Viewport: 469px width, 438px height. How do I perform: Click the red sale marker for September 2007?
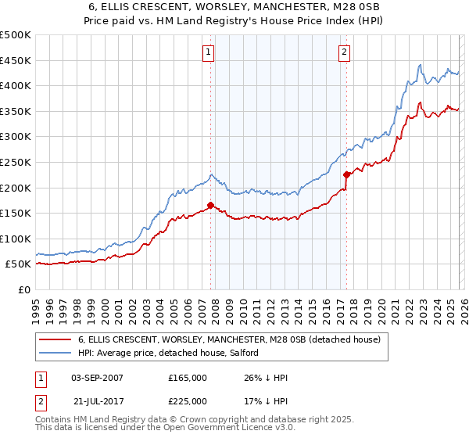click(x=211, y=206)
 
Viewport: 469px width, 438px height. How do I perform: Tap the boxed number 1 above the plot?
click(x=209, y=52)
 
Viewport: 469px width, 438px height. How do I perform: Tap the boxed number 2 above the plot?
click(x=345, y=52)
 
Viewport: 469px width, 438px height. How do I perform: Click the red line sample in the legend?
click(x=55, y=340)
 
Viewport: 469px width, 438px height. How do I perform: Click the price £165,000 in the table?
click(x=187, y=378)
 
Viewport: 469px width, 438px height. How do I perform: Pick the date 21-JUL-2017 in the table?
click(x=97, y=401)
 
